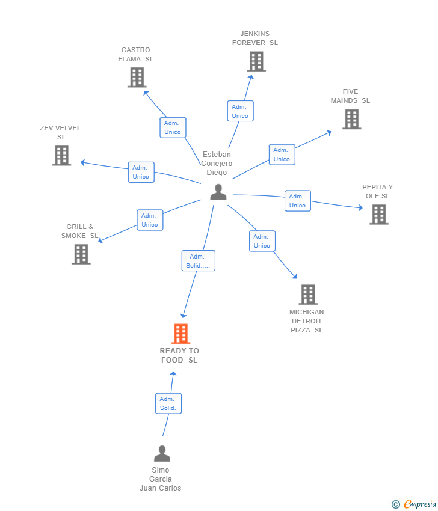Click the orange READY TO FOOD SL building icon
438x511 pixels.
pos(180,334)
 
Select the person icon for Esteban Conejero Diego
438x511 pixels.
pos(218,192)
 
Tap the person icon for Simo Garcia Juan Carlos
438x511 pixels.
pos(162,453)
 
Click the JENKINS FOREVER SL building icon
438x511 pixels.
pos(256,61)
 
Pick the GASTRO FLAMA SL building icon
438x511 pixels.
pos(137,77)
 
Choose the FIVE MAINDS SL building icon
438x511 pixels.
pos(352,119)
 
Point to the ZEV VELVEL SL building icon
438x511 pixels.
pos(61,155)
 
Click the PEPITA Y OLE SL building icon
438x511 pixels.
pos(378,214)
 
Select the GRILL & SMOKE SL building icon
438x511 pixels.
pos(81,254)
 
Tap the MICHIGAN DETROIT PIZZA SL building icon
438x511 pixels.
pos(308,295)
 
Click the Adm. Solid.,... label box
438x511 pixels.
pos(198,261)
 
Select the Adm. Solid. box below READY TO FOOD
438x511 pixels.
pos(168,403)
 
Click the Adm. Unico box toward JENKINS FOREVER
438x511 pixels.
pos(240,111)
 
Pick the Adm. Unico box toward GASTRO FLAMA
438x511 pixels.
pos(173,127)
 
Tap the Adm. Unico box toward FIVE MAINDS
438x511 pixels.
pos(282,155)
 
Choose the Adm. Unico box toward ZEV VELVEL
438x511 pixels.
pos(141,172)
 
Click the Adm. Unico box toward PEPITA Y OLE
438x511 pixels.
pos(297,201)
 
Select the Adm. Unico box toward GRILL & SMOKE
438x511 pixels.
pos(150,220)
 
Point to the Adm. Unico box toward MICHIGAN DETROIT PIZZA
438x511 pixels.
pos(262,241)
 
